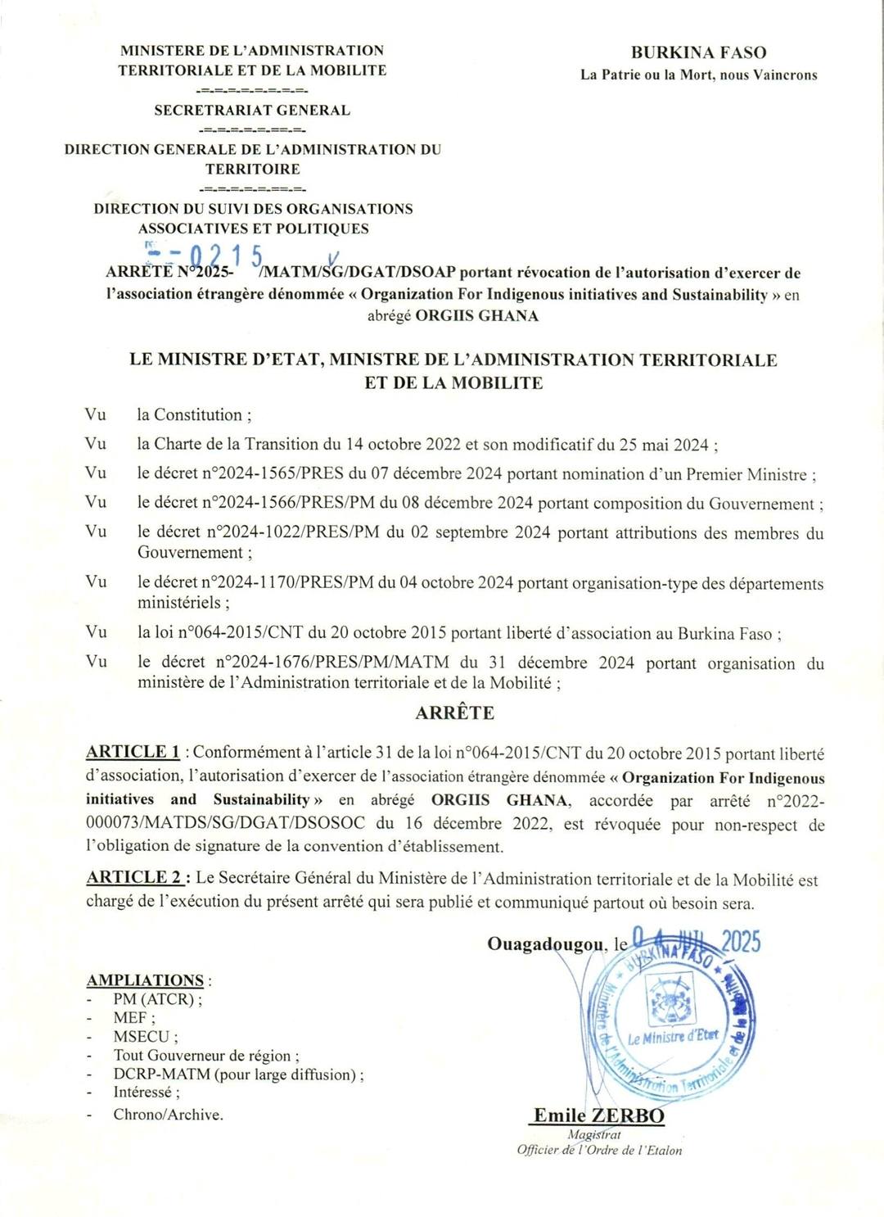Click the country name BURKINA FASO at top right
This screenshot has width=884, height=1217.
tap(698, 53)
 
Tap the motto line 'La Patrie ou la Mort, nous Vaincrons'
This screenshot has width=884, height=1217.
tap(698, 75)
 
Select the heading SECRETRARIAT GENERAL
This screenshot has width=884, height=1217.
tap(252, 111)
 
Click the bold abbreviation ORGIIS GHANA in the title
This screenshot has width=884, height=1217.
tap(476, 316)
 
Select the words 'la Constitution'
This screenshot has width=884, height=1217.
tap(193, 415)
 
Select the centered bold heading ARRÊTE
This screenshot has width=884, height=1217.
tap(454, 713)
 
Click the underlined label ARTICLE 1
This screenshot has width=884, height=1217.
tap(133, 752)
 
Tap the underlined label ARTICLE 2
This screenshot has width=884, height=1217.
tap(135, 877)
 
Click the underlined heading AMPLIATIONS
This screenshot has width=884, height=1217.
tap(146, 980)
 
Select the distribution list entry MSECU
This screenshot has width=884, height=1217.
tap(142, 1036)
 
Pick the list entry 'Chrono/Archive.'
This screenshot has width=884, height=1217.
tap(168, 1114)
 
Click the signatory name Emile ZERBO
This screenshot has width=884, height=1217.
tap(598, 1115)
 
